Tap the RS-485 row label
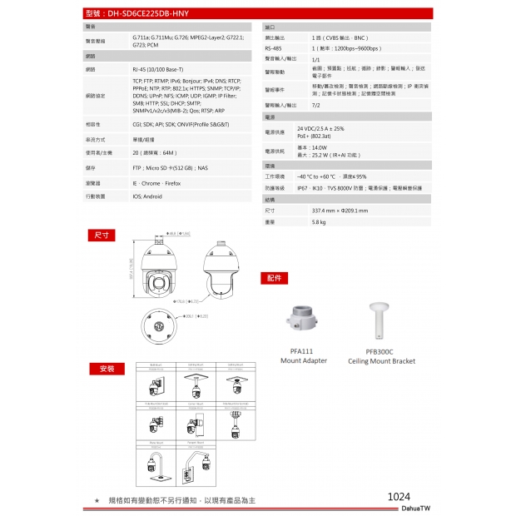click(274, 49)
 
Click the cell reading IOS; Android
click(147, 196)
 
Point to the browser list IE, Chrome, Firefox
click(156, 182)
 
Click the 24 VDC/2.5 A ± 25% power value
click(320, 129)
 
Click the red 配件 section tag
click(275, 277)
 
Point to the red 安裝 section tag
click(107, 368)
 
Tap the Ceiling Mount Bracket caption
click(381, 361)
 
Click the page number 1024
click(399, 496)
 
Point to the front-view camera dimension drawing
click(161, 272)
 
